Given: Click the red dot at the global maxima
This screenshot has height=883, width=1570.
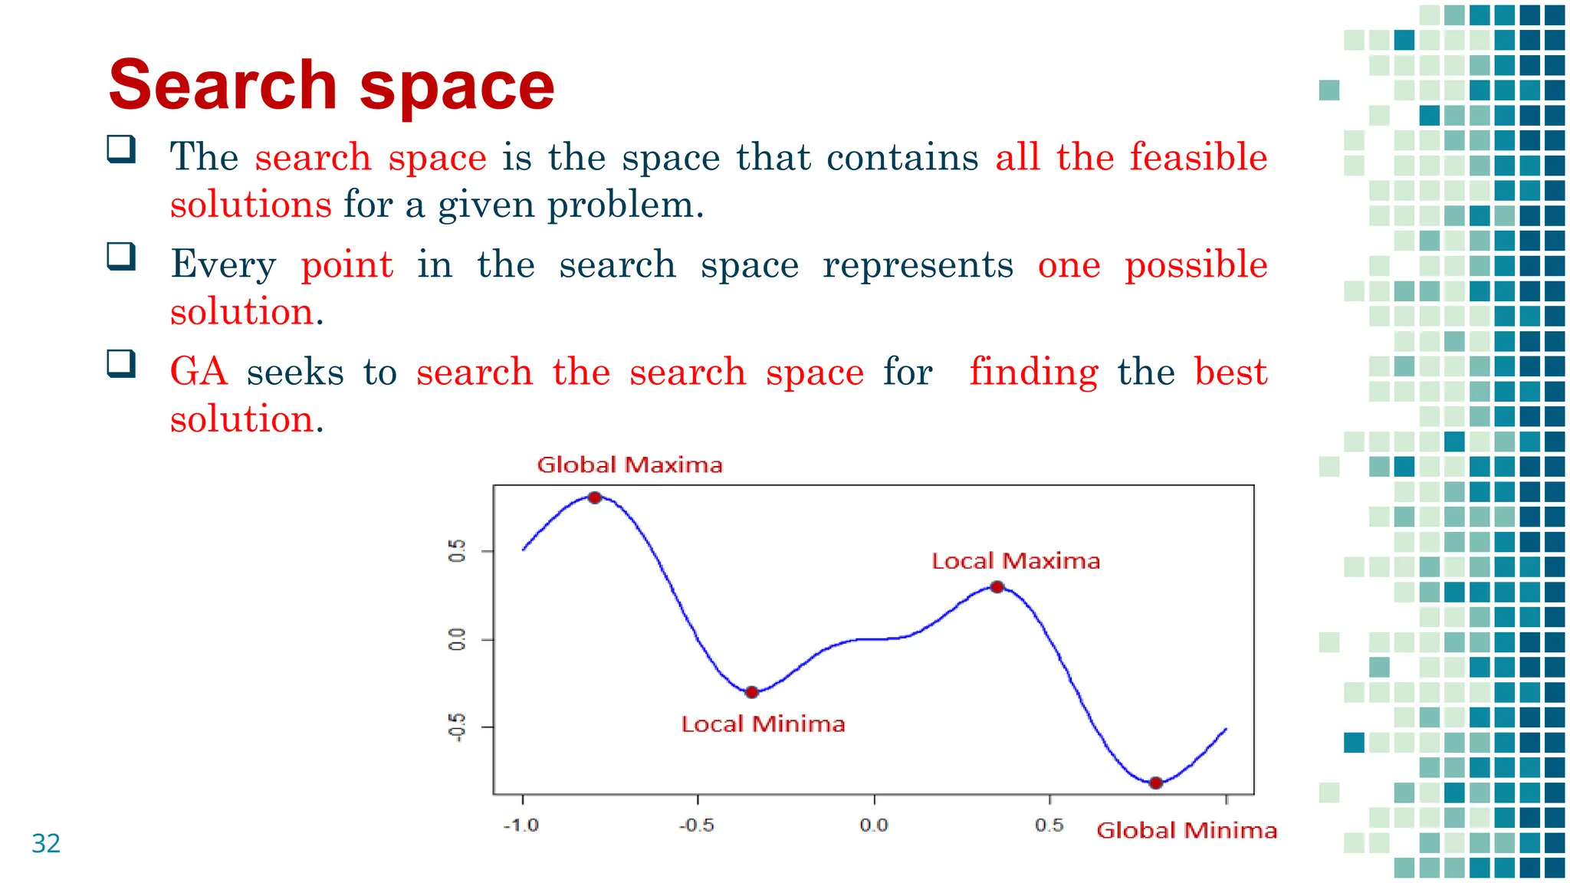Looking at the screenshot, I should coord(595,497).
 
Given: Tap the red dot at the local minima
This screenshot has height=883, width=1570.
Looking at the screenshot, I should coord(752,692).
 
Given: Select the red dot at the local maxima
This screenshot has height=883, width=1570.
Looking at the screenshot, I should coord(997,587).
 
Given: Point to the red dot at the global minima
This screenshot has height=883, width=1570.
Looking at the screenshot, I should coord(1156,783).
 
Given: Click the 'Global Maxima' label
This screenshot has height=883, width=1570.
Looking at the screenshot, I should coord(629,464).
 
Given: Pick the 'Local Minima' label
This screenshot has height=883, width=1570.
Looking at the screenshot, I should coord(763,724).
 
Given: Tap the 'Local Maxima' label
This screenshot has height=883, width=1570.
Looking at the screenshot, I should coord(1016,561).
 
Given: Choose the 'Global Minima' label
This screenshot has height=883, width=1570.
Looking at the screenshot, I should coord(1186,830).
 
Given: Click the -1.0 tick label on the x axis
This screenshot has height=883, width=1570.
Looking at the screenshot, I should coord(521,826).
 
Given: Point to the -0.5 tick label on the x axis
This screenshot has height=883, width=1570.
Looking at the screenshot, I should coord(696,826).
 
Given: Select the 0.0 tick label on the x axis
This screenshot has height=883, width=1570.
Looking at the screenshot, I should coord(873,826).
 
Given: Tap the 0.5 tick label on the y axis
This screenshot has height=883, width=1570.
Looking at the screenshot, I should coord(457,551).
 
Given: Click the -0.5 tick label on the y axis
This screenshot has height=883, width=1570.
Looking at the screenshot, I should coord(457,727).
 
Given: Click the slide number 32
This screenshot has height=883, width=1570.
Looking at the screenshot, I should coord(46,843).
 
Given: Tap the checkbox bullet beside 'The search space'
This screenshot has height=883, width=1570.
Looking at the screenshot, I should coord(121,149).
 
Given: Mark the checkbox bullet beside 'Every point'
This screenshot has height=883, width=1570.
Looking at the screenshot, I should coord(121,256).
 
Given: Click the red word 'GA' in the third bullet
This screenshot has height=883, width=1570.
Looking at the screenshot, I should coord(199,372).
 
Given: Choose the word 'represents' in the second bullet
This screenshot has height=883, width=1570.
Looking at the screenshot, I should coord(918,265).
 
